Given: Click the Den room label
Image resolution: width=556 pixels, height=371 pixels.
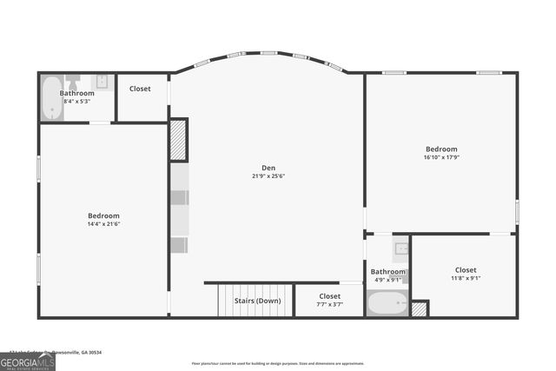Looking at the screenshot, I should pos(268,168).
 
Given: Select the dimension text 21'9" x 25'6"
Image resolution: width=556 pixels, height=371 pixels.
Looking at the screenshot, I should pos(268,176).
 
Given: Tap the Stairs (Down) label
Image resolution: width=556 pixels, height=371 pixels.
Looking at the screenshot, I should pos(257,301).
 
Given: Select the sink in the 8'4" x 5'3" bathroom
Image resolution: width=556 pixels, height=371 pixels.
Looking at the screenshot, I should pos(102,83).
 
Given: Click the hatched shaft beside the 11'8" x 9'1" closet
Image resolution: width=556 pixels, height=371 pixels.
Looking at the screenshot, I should pos(420,308).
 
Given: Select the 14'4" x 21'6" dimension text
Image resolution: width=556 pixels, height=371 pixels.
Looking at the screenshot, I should pos(103,225).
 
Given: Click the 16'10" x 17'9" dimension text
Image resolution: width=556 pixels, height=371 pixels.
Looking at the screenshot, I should pos(441,157).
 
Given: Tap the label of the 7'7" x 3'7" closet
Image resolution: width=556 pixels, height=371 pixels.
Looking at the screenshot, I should pos(329,296).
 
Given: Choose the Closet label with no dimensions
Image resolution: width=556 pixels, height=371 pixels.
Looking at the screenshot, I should pos(140,89).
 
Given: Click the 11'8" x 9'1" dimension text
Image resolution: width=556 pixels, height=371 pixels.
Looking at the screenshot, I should pos(466,278).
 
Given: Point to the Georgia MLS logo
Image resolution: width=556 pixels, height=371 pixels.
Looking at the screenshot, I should pos(27,359).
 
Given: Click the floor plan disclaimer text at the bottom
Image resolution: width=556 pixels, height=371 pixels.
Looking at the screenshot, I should pos(278,363).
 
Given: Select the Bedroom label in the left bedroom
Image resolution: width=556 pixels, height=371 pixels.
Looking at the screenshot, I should pos(103,215).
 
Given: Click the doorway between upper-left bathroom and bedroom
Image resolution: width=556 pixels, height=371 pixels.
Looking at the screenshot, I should pos(101,123).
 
